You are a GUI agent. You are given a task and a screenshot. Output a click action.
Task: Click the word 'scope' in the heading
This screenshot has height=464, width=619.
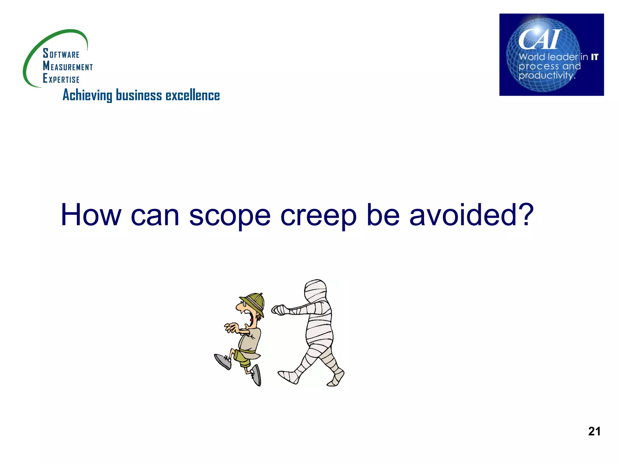pos(229,216)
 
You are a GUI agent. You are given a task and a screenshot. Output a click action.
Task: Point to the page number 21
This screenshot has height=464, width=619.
pos(594,431)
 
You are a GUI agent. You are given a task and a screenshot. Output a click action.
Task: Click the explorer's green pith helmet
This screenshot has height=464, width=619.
pos(253,302)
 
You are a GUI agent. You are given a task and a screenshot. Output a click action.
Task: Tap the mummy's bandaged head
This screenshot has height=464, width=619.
pos(316,290)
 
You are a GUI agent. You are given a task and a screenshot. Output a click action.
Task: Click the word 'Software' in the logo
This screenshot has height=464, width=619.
pos(61,54)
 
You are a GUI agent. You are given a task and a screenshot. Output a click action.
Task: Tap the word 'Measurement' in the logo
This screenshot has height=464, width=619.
pos(68,66)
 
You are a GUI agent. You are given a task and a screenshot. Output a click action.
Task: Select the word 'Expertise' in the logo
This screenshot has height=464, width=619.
pos(61,79)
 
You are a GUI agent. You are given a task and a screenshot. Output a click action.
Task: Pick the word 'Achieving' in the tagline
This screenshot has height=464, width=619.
pos(87,95)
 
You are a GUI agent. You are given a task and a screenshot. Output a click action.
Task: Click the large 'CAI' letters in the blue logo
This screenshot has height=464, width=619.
pos(540,40)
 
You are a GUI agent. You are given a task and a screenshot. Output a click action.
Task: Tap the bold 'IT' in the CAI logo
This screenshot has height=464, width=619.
pos(595,57)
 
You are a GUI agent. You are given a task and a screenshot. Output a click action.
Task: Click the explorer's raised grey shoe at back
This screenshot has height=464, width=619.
pos(222,361)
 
